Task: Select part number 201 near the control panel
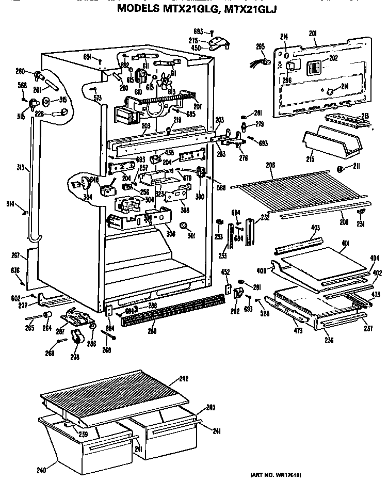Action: click(312, 34)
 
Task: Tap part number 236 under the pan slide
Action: click(329, 340)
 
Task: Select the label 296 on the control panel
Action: click(287, 80)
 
